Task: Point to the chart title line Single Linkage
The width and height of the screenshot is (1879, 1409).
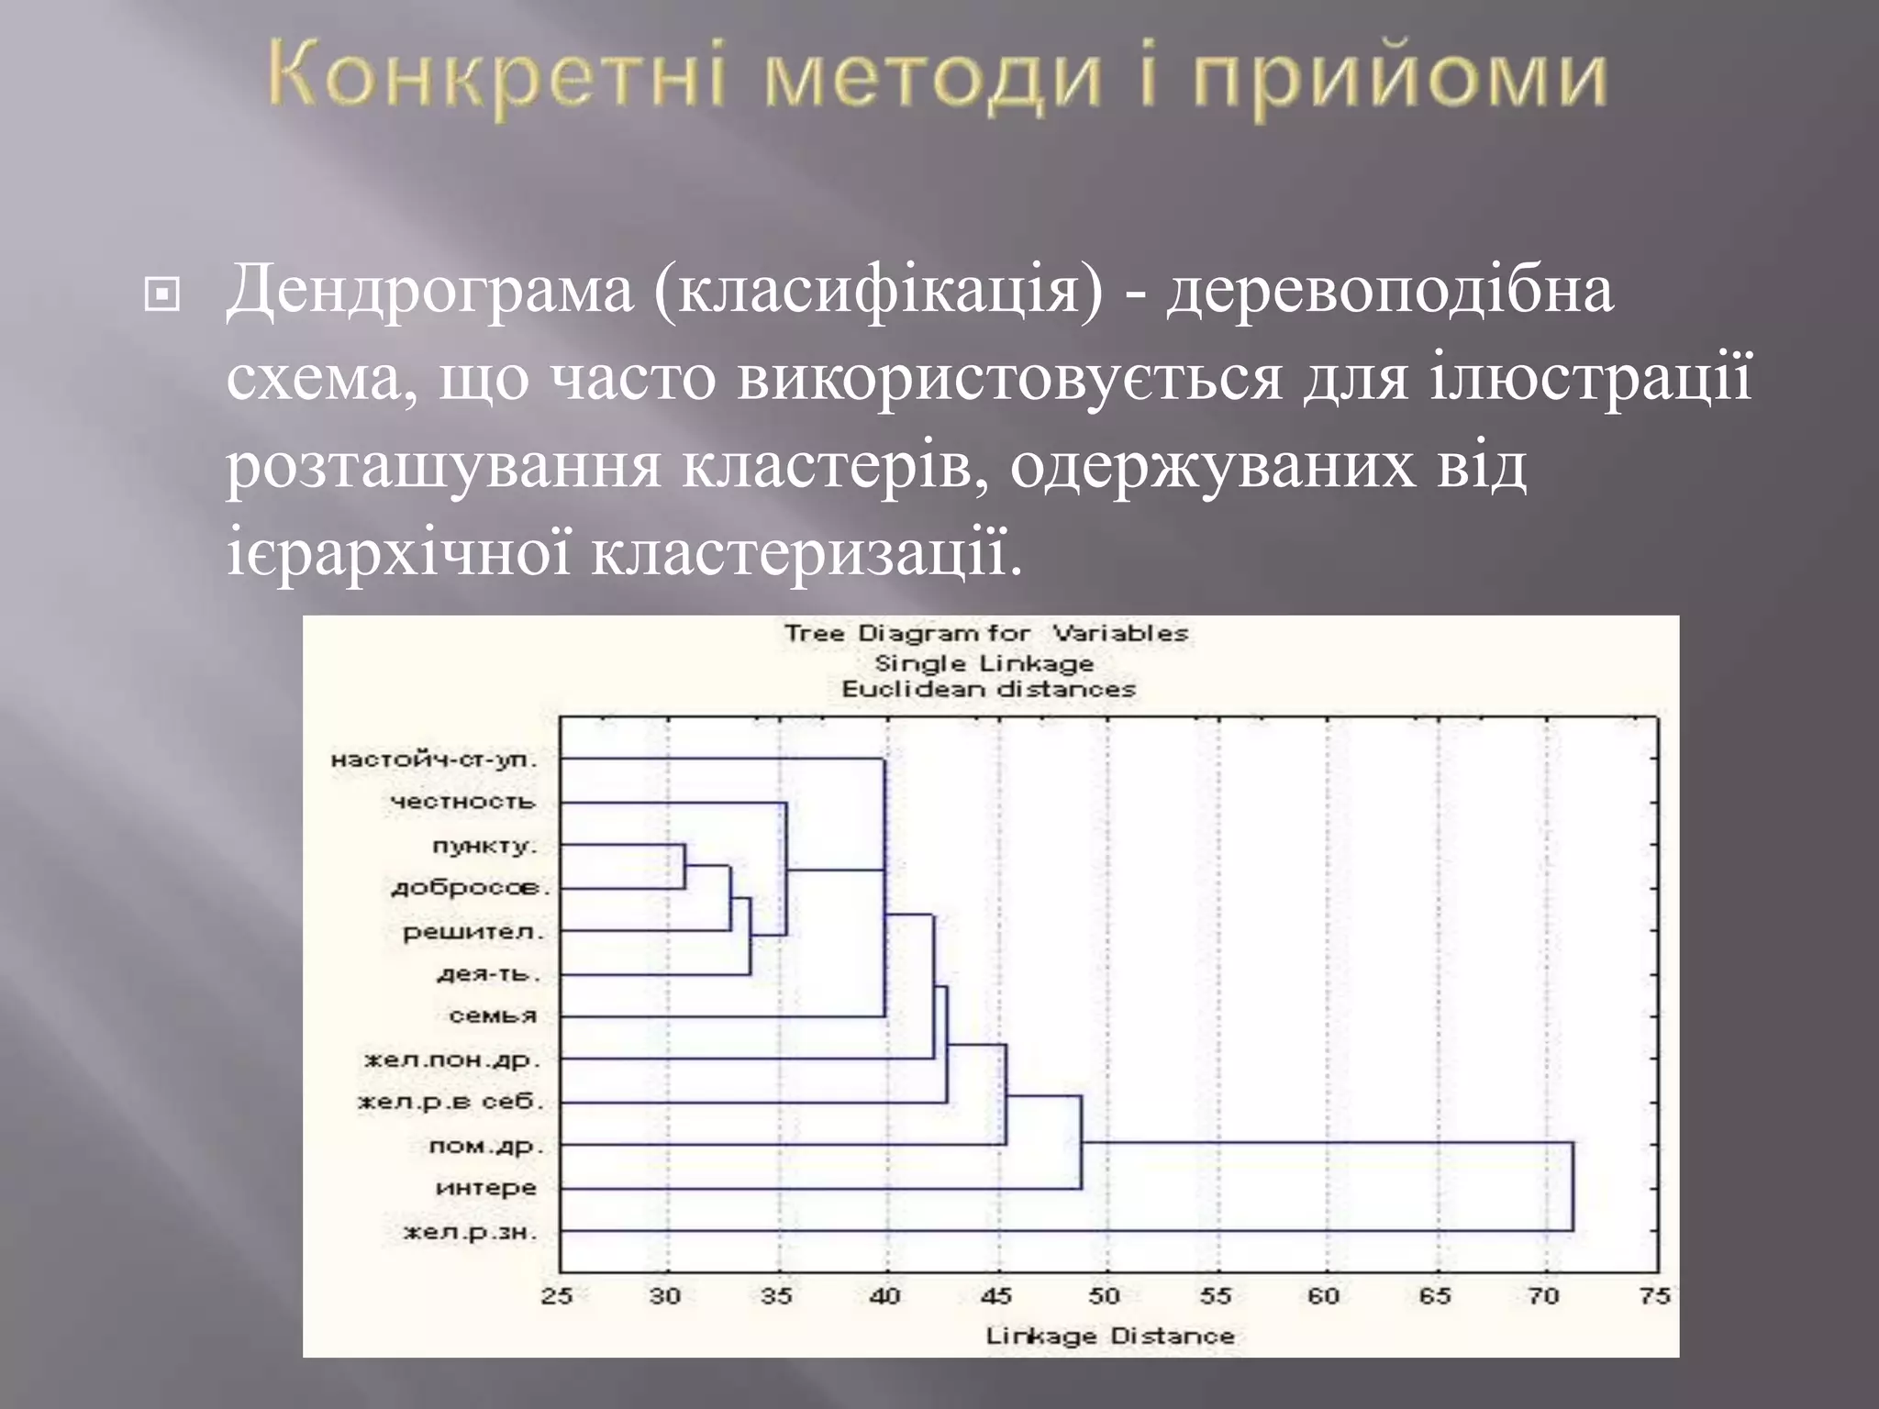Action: coord(984,663)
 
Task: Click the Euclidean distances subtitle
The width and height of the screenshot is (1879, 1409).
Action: coord(988,689)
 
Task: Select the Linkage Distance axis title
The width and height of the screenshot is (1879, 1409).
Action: coord(1109,1336)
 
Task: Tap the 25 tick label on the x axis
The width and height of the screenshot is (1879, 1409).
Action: coord(557,1295)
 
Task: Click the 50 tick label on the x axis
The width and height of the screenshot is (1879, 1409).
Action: coord(1105,1295)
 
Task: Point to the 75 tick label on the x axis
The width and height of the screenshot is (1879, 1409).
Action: coord(1654,1295)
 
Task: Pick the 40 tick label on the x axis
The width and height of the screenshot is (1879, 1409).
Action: coord(885,1295)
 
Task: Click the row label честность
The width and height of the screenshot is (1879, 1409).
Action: coord(462,802)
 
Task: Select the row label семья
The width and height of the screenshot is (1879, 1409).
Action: coord(493,1016)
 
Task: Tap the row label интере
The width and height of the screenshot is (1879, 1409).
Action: coord(486,1188)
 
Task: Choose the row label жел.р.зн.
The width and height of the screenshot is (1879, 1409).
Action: coord(470,1231)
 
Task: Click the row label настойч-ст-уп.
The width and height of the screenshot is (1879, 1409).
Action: coord(433,760)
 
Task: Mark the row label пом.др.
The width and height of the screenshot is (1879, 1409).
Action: coord(486,1146)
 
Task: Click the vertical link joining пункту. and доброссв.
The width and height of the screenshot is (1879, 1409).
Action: coord(684,867)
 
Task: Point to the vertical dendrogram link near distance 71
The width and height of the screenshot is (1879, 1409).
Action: coord(1573,1186)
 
